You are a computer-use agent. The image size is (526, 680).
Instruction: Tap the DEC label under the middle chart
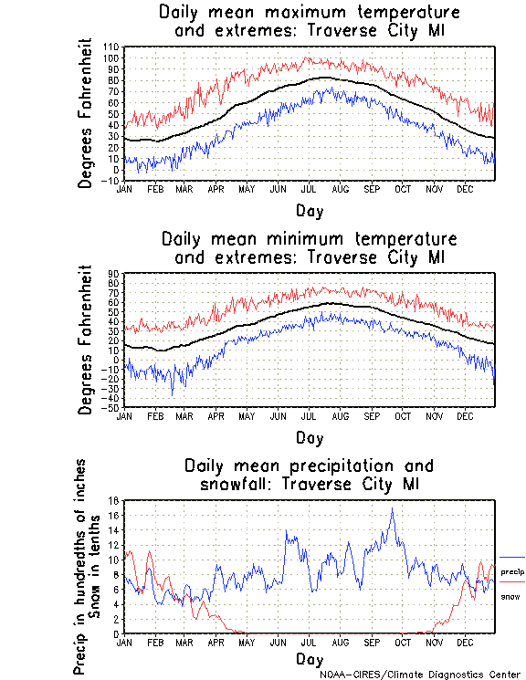[x=465, y=415]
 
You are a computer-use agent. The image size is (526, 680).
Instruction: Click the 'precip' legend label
[x=511, y=572]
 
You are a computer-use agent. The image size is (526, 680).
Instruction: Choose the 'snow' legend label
[x=510, y=596]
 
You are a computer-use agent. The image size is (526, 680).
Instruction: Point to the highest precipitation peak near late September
[x=393, y=509]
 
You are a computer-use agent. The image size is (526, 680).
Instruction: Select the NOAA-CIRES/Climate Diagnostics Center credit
[x=419, y=675]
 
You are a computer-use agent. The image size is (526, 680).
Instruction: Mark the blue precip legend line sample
[x=512, y=557]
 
